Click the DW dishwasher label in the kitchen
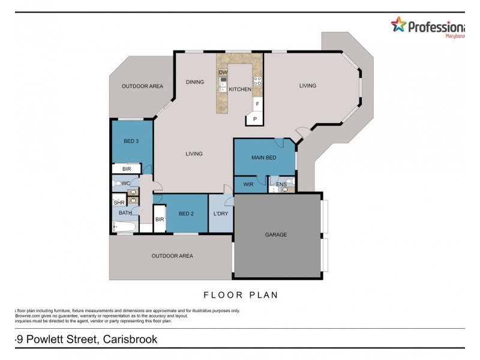pos(223,72)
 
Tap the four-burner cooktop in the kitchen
pos(257,81)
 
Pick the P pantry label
pos(254,119)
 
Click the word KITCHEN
pos(240,89)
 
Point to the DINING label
pos(195,82)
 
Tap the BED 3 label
pos(131,142)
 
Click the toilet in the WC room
pos(118,183)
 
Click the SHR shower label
pos(119,203)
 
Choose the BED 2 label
pos(186,214)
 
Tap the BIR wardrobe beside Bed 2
pos(160,220)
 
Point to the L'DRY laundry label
pos(220,214)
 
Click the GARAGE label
pos(276,235)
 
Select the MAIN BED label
pos(264,158)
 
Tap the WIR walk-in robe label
pos(248,185)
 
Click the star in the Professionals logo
pos(398,25)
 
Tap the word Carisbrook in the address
pos(130,340)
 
